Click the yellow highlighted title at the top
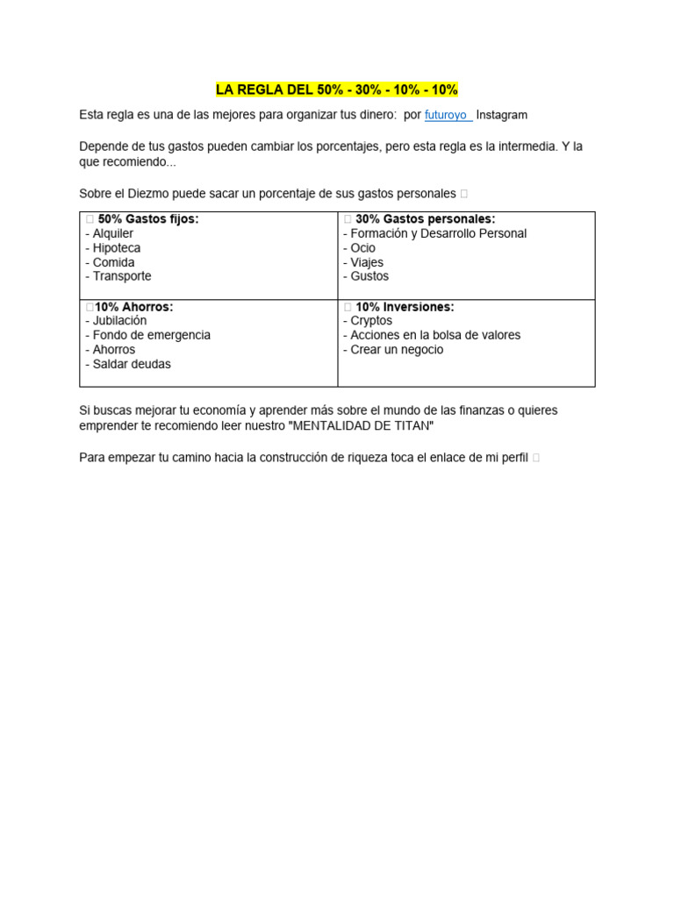(x=337, y=90)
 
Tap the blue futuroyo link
(x=447, y=116)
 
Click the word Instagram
(x=501, y=116)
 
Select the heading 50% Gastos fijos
(x=147, y=219)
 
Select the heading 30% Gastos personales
(x=425, y=219)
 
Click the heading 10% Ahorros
(x=133, y=307)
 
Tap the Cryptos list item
(x=368, y=321)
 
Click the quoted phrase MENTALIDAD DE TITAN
(x=359, y=425)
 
